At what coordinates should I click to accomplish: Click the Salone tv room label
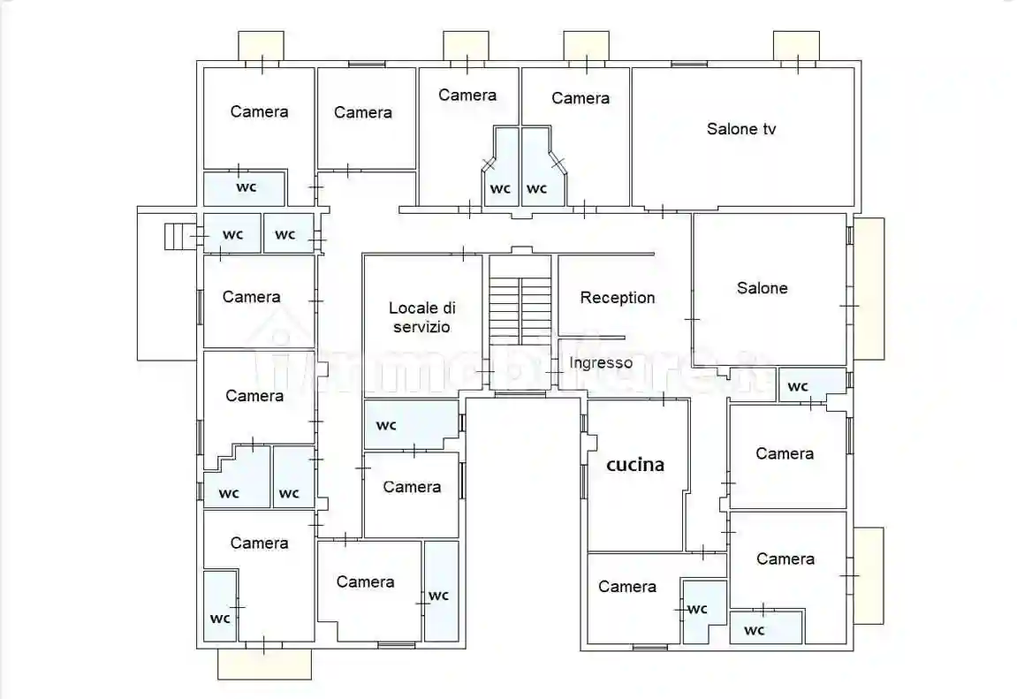pyautogui.click(x=740, y=129)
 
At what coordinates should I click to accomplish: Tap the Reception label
pyautogui.click(x=618, y=298)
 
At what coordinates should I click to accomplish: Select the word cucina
pyautogui.click(x=635, y=464)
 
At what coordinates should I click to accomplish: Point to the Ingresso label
pyautogui.click(x=601, y=362)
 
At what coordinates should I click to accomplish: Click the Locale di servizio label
pyautogui.click(x=421, y=317)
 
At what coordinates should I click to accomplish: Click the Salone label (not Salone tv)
pyautogui.click(x=763, y=288)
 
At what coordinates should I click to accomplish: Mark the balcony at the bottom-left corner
pyautogui.click(x=264, y=664)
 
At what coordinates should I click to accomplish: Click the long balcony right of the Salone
pyautogui.click(x=869, y=289)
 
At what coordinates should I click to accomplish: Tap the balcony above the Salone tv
pyautogui.click(x=796, y=46)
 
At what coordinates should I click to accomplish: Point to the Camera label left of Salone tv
pyautogui.click(x=581, y=98)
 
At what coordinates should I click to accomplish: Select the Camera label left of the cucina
pyautogui.click(x=412, y=487)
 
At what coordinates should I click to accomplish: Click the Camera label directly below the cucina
pyautogui.click(x=627, y=587)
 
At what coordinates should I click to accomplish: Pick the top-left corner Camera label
pyautogui.click(x=259, y=111)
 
